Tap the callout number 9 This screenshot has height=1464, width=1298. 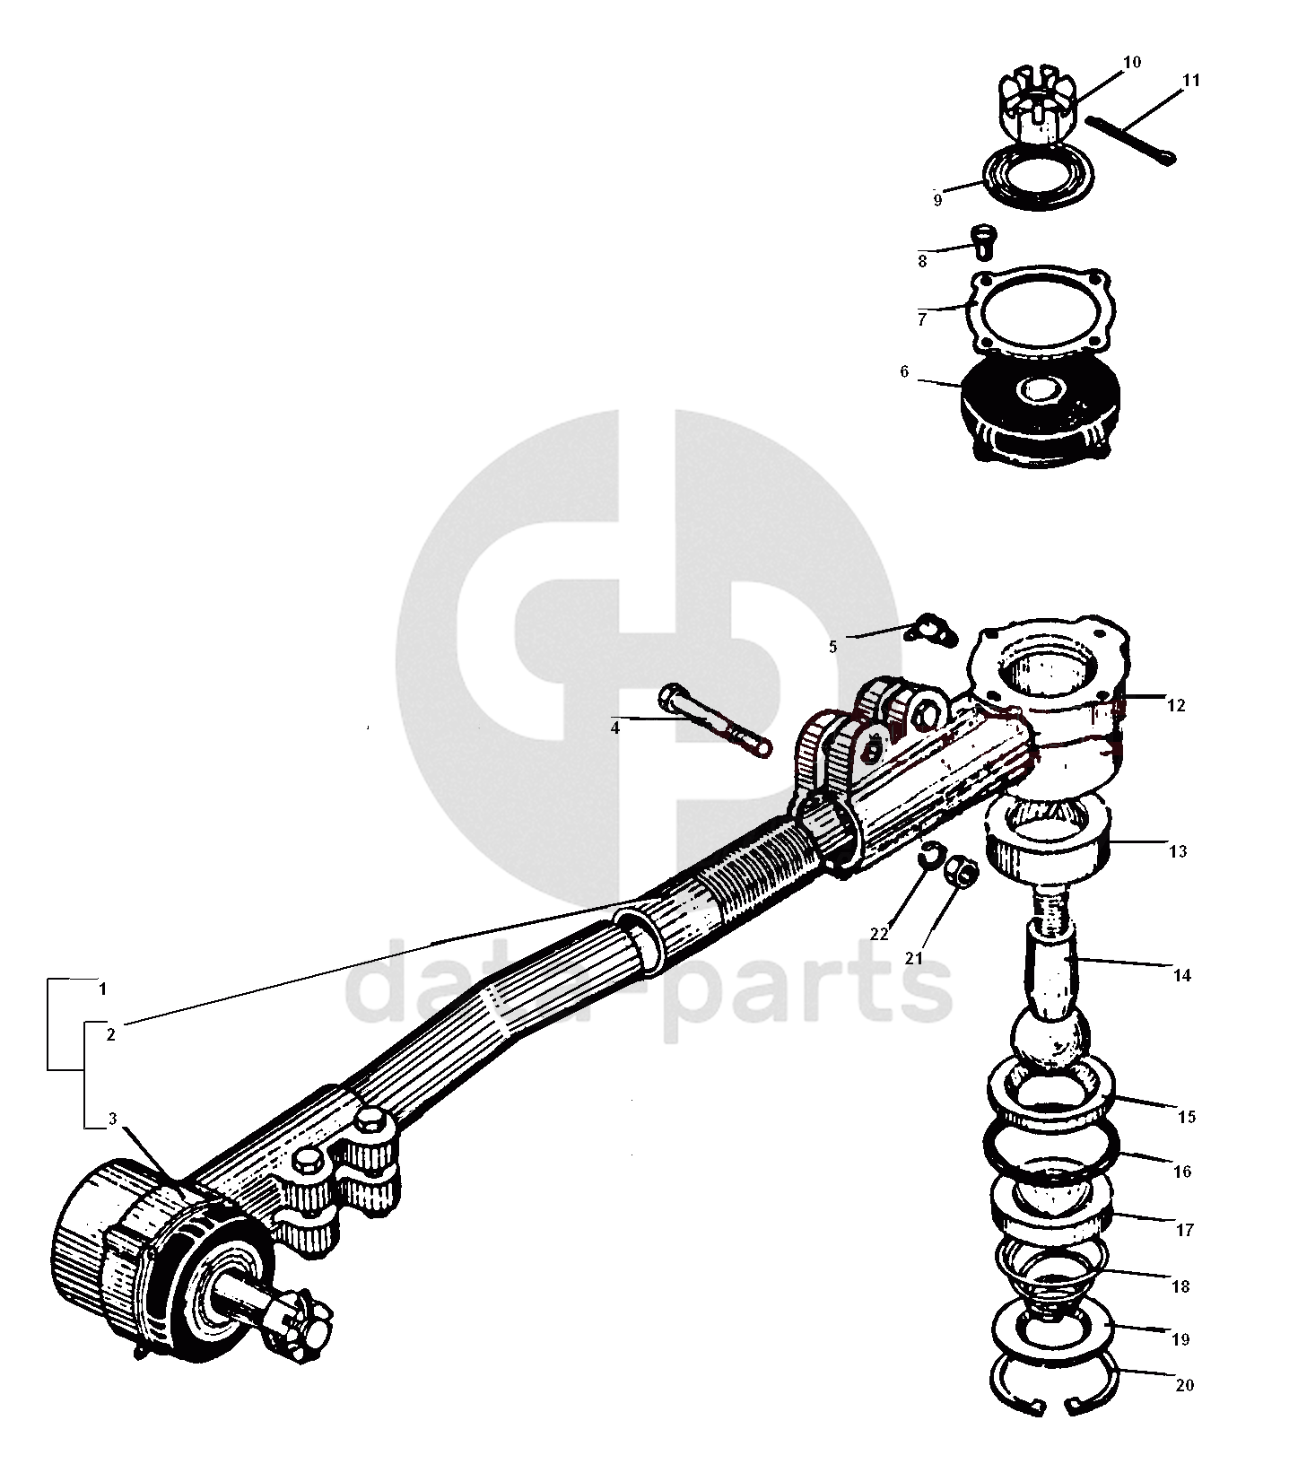point(937,200)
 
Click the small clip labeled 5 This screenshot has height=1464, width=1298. point(924,631)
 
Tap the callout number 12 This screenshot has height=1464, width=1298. point(1176,705)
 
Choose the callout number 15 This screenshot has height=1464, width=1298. point(1186,1117)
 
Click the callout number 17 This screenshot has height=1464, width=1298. point(1184,1230)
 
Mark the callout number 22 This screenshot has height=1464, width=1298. point(878,933)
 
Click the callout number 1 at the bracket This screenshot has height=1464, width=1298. point(103,989)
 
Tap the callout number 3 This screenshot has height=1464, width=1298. point(112,1119)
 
